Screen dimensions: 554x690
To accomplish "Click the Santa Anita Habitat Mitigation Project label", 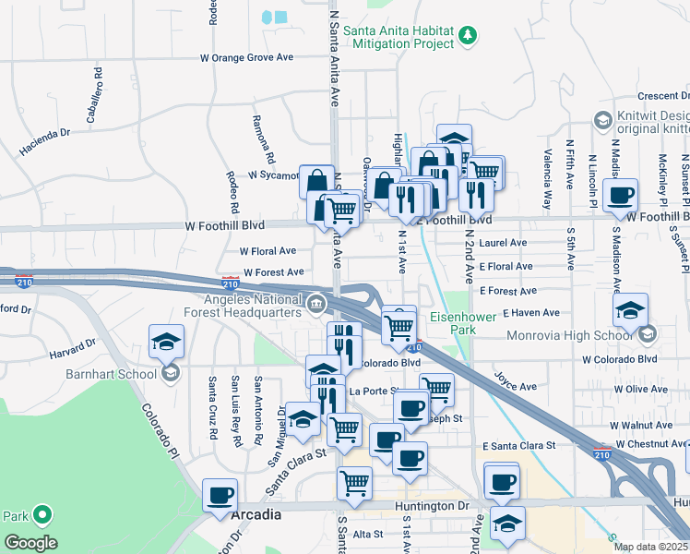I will pyautogui.click(x=399, y=36).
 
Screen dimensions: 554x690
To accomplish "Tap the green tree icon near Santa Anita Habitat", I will pyautogui.click(x=470, y=36).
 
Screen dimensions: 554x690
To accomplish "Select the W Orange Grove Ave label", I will pyautogui.click(x=246, y=57).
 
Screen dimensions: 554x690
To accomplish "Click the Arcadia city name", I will pyautogui.click(x=256, y=514).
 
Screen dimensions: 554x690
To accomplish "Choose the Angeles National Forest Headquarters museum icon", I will pyautogui.click(x=316, y=303).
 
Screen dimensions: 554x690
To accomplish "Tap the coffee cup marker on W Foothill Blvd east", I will pyautogui.click(x=622, y=195).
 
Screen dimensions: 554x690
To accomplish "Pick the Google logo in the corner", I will pyautogui.click(x=30, y=543).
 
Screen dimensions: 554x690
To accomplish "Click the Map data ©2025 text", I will pyautogui.click(x=650, y=547).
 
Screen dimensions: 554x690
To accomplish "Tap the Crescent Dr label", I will pyautogui.click(x=663, y=96).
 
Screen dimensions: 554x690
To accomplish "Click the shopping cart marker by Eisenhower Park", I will pyautogui.click(x=399, y=325).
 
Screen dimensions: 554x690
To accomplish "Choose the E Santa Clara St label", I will pyautogui.click(x=518, y=445).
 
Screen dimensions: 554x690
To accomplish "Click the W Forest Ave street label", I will pyautogui.click(x=273, y=272).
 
